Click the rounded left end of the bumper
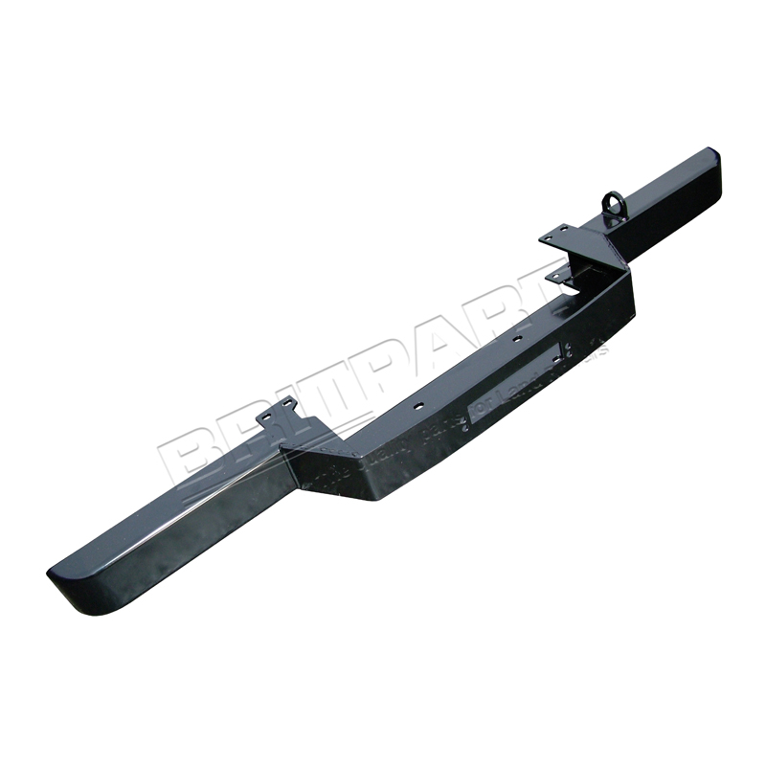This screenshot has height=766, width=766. tap(67, 578)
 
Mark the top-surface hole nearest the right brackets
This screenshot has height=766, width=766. tap(517, 338)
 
